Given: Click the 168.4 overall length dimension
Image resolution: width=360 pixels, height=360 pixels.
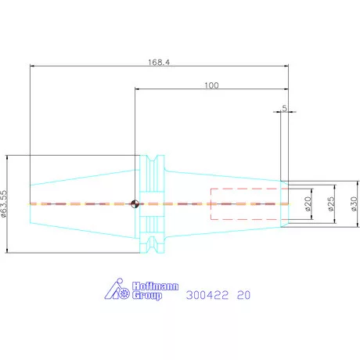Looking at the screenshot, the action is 159,63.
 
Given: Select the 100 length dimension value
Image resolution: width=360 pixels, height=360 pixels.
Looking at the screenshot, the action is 211,85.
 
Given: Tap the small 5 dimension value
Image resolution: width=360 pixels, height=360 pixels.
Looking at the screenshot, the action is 284,108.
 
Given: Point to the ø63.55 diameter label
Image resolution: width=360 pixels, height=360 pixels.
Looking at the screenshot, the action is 4,203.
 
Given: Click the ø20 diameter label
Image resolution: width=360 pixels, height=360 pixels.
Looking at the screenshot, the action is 308,204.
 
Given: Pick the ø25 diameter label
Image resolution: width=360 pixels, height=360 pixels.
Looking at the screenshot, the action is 331,204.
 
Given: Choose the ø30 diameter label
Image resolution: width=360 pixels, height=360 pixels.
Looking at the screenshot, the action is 354,204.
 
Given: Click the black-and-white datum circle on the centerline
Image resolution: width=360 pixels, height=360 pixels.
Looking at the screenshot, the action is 135,203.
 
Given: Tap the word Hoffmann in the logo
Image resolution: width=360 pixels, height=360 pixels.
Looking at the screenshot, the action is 156,286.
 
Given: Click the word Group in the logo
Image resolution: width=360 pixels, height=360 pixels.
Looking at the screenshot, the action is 147,296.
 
